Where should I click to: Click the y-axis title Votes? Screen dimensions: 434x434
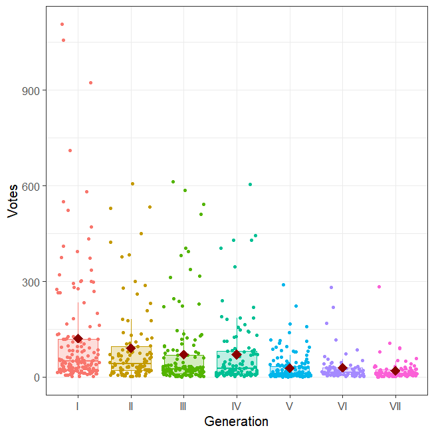[13, 201]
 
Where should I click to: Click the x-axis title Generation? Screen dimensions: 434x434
[236, 421]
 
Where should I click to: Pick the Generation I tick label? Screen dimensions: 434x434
[78, 405]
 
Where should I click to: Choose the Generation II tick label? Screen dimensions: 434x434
[131, 405]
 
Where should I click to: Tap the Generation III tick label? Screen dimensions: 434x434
[183, 405]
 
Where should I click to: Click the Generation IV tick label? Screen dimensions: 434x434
[237, 405]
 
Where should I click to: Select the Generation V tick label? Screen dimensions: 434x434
[289, 405]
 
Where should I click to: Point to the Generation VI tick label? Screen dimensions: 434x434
[342, 405]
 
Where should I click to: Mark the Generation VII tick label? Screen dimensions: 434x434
[395, 405]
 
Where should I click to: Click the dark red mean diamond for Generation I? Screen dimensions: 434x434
[78, 339]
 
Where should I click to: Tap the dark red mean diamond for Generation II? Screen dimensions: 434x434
[131, 348]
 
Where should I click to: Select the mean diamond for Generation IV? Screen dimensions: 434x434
[237, 355]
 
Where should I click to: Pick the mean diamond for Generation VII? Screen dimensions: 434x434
[395, 371]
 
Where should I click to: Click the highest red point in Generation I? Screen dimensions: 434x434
[62, 24]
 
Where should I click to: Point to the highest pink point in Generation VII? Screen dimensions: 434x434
[380, 287]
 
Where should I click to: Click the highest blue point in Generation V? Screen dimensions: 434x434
[283, 284]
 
